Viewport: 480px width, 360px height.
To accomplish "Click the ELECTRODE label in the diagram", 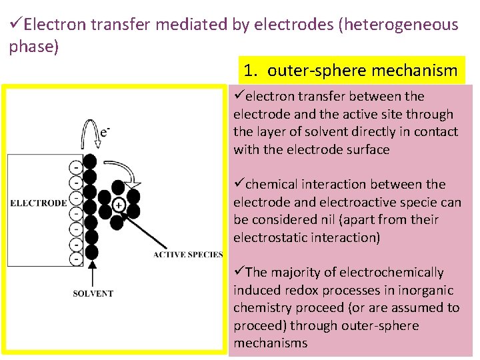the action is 38,203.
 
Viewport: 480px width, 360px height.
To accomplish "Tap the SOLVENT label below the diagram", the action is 93,293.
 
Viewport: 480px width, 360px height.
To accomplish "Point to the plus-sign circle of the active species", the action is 119,204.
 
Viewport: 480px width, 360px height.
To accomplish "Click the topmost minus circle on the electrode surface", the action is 78,165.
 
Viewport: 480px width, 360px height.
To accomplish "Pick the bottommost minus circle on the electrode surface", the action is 78,257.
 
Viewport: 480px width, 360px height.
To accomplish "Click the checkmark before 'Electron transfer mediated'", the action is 16,25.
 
